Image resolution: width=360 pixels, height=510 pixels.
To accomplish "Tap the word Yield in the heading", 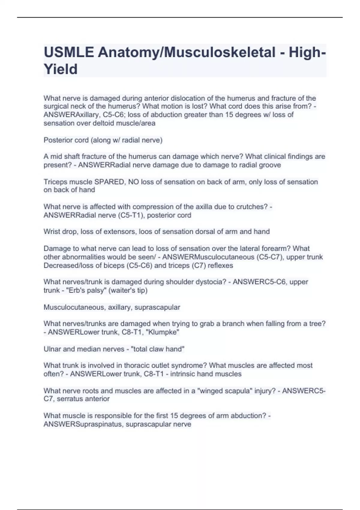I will [61, 69].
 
